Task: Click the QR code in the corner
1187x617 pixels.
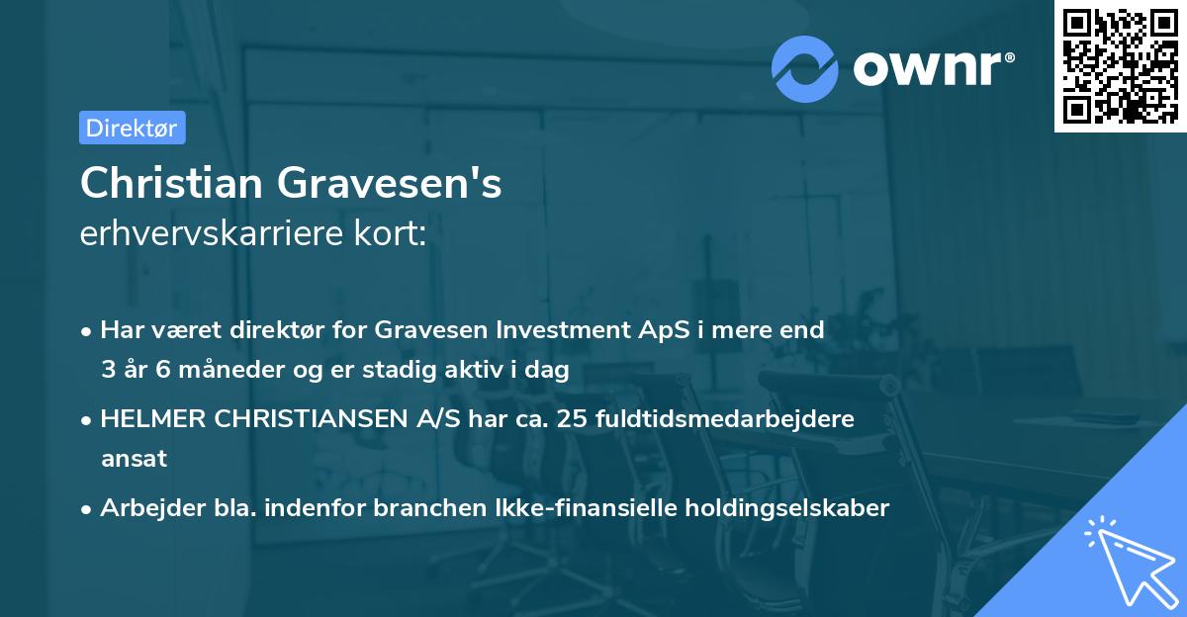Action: click(x=1120, y=66)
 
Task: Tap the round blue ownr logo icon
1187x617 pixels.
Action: click(x=804, y=68)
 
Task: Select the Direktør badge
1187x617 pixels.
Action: click(x=132, y=128)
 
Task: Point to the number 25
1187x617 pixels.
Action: click(x=574, y=419)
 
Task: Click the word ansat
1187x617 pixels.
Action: click(x=134, y=459)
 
